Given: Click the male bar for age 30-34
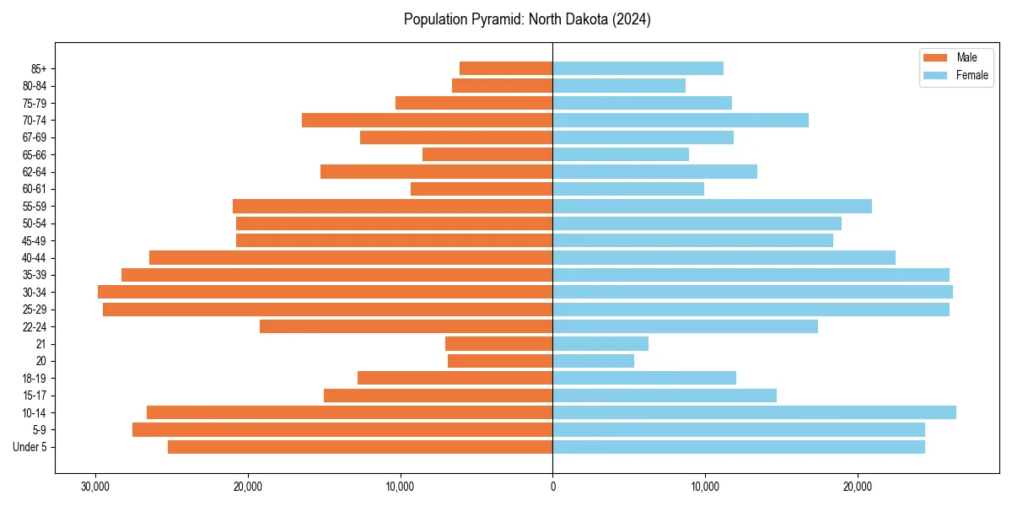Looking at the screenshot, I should pyautogui.click(x=325, y=292).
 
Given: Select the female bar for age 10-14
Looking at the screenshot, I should pyautogui.click(x=754, y=412).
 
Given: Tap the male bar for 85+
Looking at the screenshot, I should pyautogui.click(x=506, y=68).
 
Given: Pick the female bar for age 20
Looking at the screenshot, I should pyautogui.click(x=593, y=361).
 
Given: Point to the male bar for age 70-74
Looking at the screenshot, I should pyautogui.click(x=427, y=120).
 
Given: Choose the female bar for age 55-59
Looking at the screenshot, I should pyautogui.click(x=712, y=206).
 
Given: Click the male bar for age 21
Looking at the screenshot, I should pyautogui.click(x=498, y=343).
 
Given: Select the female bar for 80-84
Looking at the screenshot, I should pyautogui.click(x=619, y=85).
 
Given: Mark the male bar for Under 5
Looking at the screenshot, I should pyautogui.click(x=360, y=447).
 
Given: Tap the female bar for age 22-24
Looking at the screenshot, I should pyautogui.click(x=685, y=326).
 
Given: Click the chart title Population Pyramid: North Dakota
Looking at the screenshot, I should pyautogui.click(x=527, y=19).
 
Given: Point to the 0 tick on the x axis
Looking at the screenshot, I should pyautogui.click(x=552, y=487).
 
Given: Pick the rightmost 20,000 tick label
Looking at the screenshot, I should pyautogui.click(x=858, y=487).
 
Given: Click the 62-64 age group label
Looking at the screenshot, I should pyautogui.click(x=35, y=172).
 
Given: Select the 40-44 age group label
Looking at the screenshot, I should pyautogui.click(x=35, y=258).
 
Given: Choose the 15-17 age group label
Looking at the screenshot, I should pyautogui.click(x=35, y=396).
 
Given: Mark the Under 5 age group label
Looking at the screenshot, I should pyautogui.click(x=30, y=447).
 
